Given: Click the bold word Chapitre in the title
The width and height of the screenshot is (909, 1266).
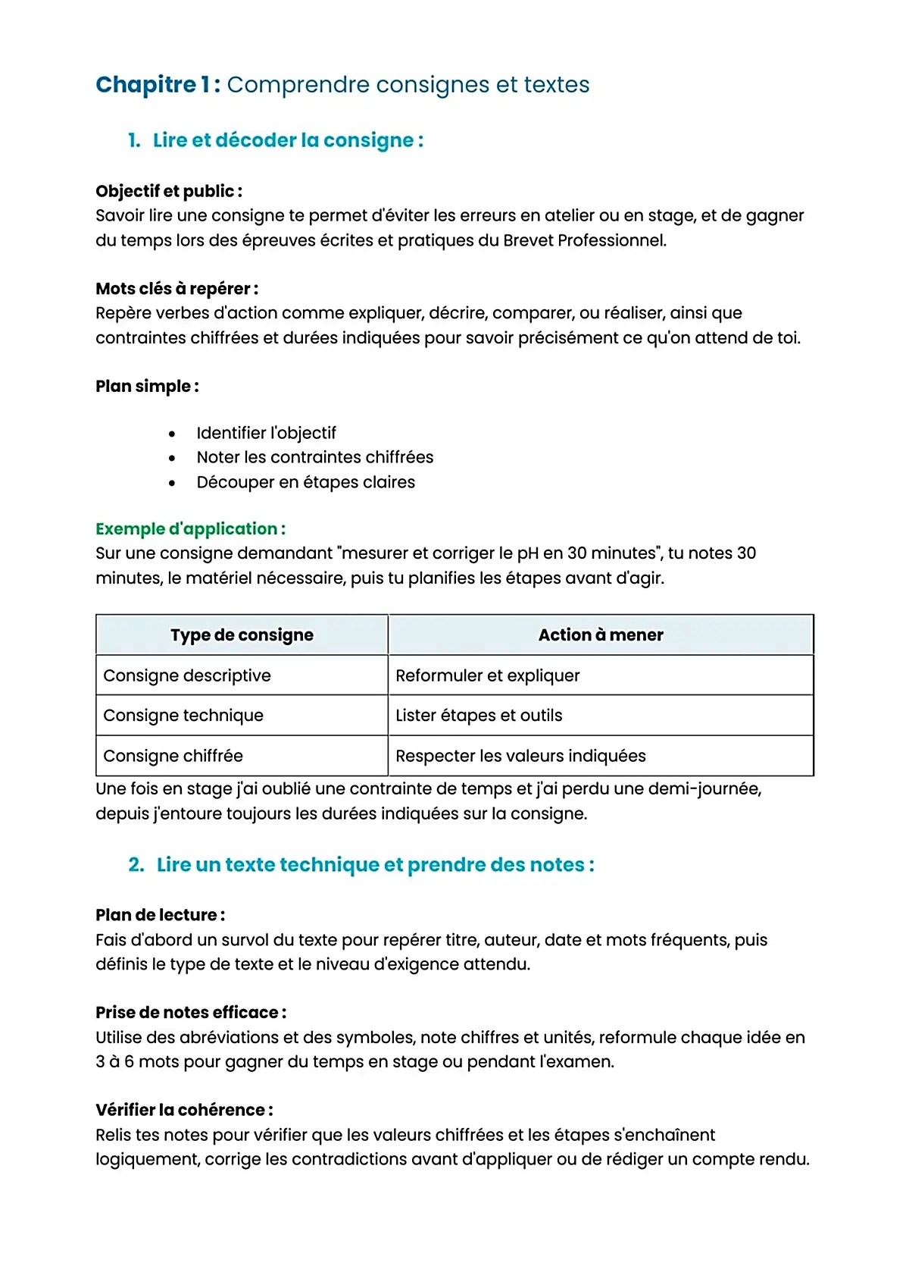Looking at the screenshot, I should pyautogui.click(x=145, y=85).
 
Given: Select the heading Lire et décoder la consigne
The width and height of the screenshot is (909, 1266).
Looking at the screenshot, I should pyautogui.click(x=288, y=140).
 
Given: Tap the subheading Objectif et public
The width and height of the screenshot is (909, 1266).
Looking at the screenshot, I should pyautogui.click(x=168, y=191).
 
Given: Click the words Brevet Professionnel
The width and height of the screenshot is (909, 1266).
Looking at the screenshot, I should pyautogui.click(x=584, y=240).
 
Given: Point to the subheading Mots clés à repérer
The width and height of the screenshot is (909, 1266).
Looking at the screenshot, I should pyautogui.click(x=176, y=289).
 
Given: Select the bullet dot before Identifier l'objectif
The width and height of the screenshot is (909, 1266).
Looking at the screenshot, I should pyautogui.click(x=173, y=434).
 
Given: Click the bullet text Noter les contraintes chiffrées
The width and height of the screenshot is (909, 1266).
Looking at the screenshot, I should pyautogui.click(x=314, y=457).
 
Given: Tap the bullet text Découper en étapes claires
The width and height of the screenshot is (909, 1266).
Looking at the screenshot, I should pyautogui.click(x=305, y=482).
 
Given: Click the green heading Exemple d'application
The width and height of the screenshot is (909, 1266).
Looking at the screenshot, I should pyautogui.click(x=190, y=528).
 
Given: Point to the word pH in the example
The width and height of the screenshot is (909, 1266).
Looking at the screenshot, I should pyautogui.click(x=528, y=553).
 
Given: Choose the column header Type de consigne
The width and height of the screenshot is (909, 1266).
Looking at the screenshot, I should pyautogui.click(x=242, y=635).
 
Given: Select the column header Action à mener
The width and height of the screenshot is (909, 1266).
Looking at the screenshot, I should pyautogui.click(x=600, y=635).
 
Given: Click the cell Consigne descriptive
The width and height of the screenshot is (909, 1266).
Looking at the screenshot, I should pyautogui.click(x=186, y=675).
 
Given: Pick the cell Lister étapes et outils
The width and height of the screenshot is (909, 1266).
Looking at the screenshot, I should pyautogui.click(x=478, y=716).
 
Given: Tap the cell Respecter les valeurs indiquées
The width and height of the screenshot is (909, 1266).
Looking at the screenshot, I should pyautogui.click(x=520, y=756).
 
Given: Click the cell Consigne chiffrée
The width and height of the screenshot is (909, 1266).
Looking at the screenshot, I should pyautogui.click(x=173, y=756).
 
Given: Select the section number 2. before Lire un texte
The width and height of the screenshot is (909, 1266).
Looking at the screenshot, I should pyautogui.click(x=136, y=865).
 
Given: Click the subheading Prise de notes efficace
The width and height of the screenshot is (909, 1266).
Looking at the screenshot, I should pyautogui.click(x=190, y=1013).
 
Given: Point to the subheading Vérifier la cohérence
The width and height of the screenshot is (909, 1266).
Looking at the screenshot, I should pyautogui.click(x=184, y=1111).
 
